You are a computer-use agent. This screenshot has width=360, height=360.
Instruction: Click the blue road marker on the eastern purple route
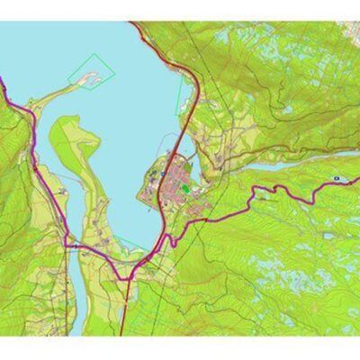pos(335,179)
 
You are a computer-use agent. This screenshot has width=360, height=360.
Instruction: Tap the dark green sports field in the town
pos(184,190)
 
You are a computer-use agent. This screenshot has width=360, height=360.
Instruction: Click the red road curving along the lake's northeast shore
pos(166,54)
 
